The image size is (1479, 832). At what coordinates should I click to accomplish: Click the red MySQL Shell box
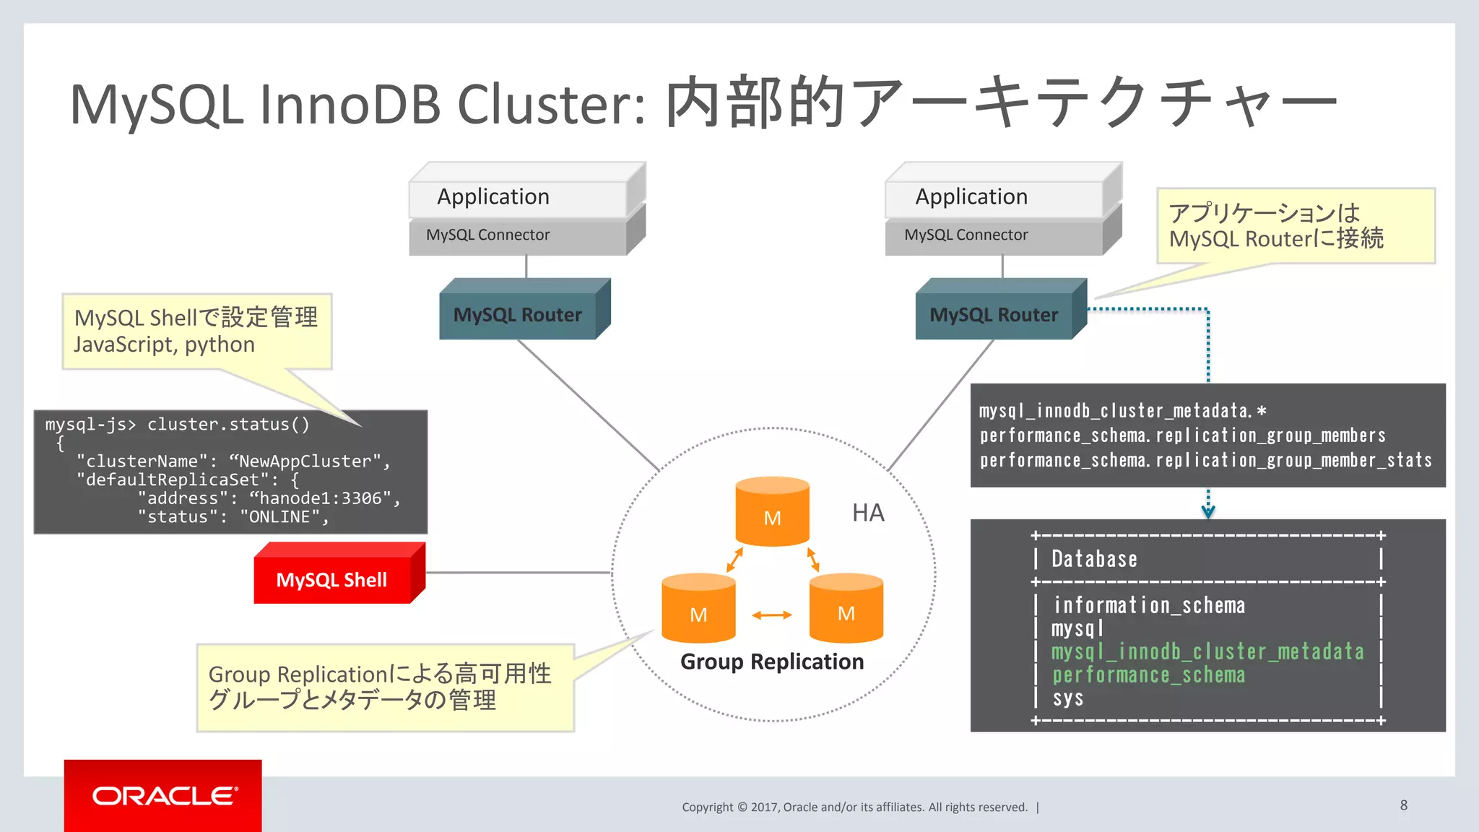click(x=332, y=579)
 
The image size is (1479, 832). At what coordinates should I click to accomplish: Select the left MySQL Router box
click(x=518, y=315)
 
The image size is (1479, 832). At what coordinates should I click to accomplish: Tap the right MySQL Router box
click(x=994, y=315)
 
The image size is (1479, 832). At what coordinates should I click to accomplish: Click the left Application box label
click(x=493, y=196)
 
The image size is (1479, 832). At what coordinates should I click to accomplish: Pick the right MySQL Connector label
click(x=966, y=235)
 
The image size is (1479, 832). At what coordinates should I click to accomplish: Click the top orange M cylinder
click(x=772, y=513)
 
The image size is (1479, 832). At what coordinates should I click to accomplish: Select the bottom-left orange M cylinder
click(x=698, y=610)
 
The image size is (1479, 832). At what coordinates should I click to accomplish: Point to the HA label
click(x=867, y=513)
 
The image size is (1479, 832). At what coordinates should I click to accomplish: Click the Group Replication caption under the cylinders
click(x=772, y=662)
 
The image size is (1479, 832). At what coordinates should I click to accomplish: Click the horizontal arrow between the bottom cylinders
click(x=772, y=615)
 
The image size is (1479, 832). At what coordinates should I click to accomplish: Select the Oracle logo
click(x=164, y=796)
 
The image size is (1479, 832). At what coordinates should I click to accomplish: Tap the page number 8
click(x=1403, y=805)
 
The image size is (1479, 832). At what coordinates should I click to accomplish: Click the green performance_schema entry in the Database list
click(x=1148, y=675)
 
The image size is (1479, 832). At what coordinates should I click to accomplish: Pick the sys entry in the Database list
click(x=1067, y=698)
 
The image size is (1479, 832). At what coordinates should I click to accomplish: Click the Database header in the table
click(x=1094, y=559)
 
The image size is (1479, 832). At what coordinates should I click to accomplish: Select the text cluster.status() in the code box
click(x=228, y=425)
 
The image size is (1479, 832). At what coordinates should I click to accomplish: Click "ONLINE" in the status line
click(x=279, y=517)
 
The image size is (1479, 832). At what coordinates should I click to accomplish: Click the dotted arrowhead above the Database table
click(x=1208, y=511)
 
